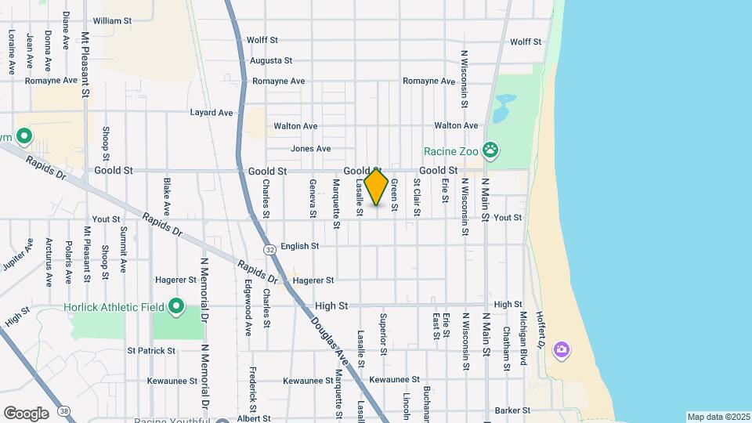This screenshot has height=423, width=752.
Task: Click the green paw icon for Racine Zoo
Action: point(491,149)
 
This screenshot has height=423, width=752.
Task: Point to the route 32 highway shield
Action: point(269,249)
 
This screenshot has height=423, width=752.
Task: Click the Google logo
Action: point(26,413)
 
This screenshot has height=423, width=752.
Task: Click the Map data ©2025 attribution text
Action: point(718,417)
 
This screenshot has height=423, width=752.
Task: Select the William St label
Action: point(112,20)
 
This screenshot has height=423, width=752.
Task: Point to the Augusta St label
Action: point(270,60)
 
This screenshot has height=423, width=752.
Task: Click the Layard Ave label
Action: point(211,113)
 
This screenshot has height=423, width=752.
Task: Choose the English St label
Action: point(299,246)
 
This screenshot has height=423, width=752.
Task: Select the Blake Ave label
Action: point(166,197)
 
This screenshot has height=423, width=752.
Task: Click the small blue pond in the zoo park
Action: point(505,103)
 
